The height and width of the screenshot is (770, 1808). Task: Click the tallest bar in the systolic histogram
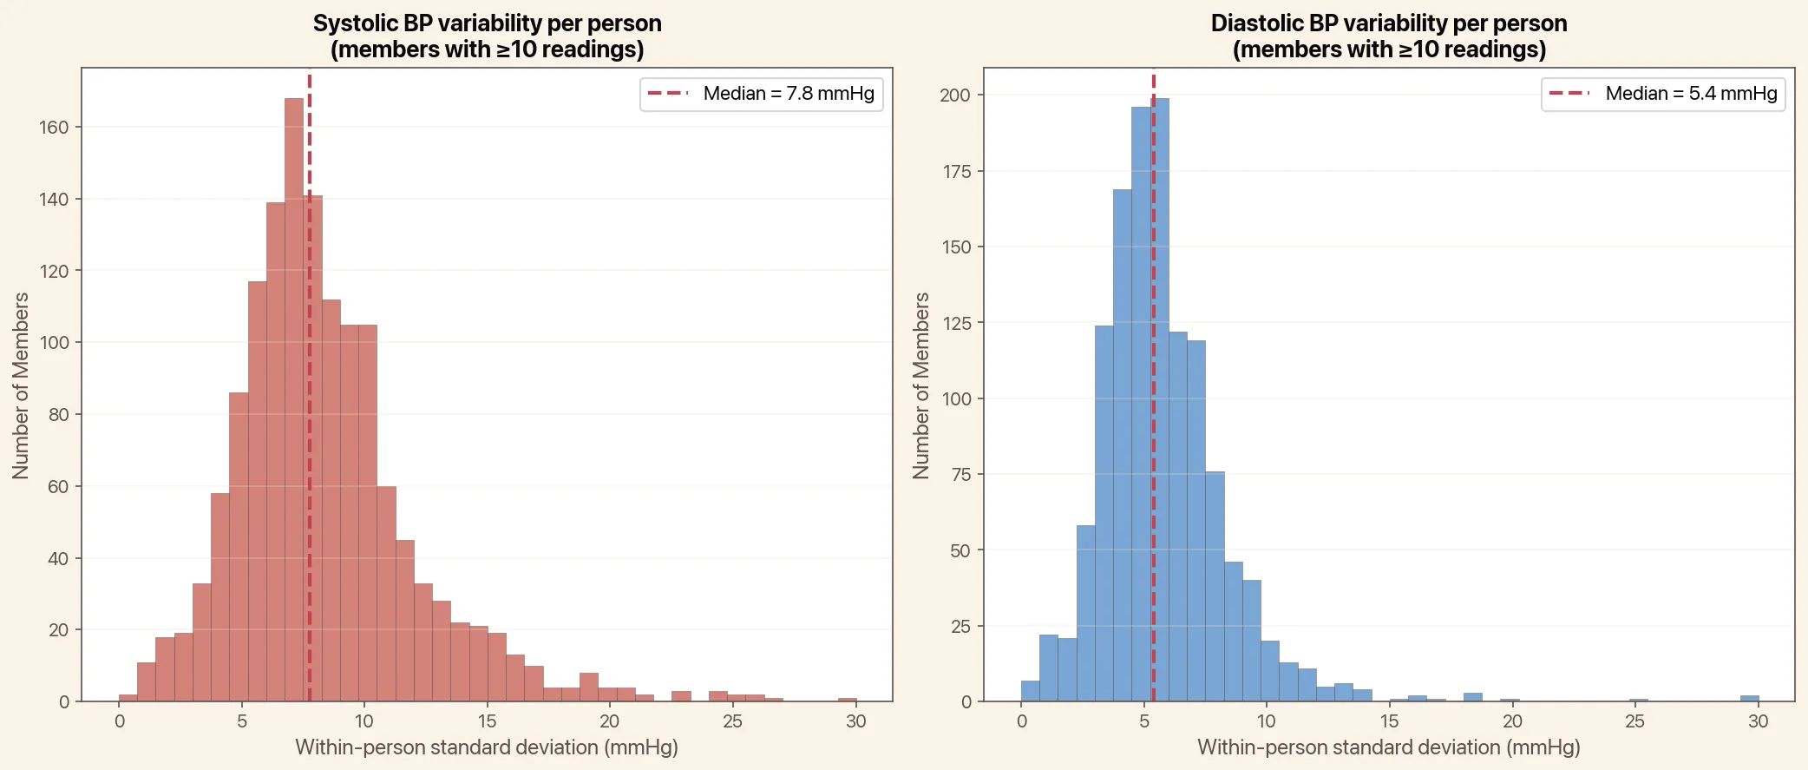click(x=294, y=399)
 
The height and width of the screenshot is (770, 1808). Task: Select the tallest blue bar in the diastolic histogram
click(x=1161, y=399)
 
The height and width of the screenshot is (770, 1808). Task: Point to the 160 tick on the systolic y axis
click(x=54, y=128)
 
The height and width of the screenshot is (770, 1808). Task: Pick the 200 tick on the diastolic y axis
click(x=955, y=95)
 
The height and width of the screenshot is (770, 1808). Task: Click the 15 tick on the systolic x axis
click(x=487, y=721)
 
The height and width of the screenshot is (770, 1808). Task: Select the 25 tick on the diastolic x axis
click(x=1634, y=721)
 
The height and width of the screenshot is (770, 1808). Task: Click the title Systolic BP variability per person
click(x=487, y=23)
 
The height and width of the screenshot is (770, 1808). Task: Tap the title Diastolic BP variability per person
click(x=1388, y=23)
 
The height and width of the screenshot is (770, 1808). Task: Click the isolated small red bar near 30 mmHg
click(x=847, y=699)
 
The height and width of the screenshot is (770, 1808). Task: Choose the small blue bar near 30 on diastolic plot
click(x=1749, y=698)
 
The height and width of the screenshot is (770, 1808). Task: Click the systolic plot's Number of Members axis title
click(x=21, y=385)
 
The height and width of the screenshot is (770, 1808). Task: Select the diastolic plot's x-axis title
click(x=1388, y=747)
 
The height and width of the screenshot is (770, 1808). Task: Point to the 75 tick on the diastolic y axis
click(x=960, y=475)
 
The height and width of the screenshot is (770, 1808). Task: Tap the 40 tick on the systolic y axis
click(x=57, y=559)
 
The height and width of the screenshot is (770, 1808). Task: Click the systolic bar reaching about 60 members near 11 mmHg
click(x=386, y=594)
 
